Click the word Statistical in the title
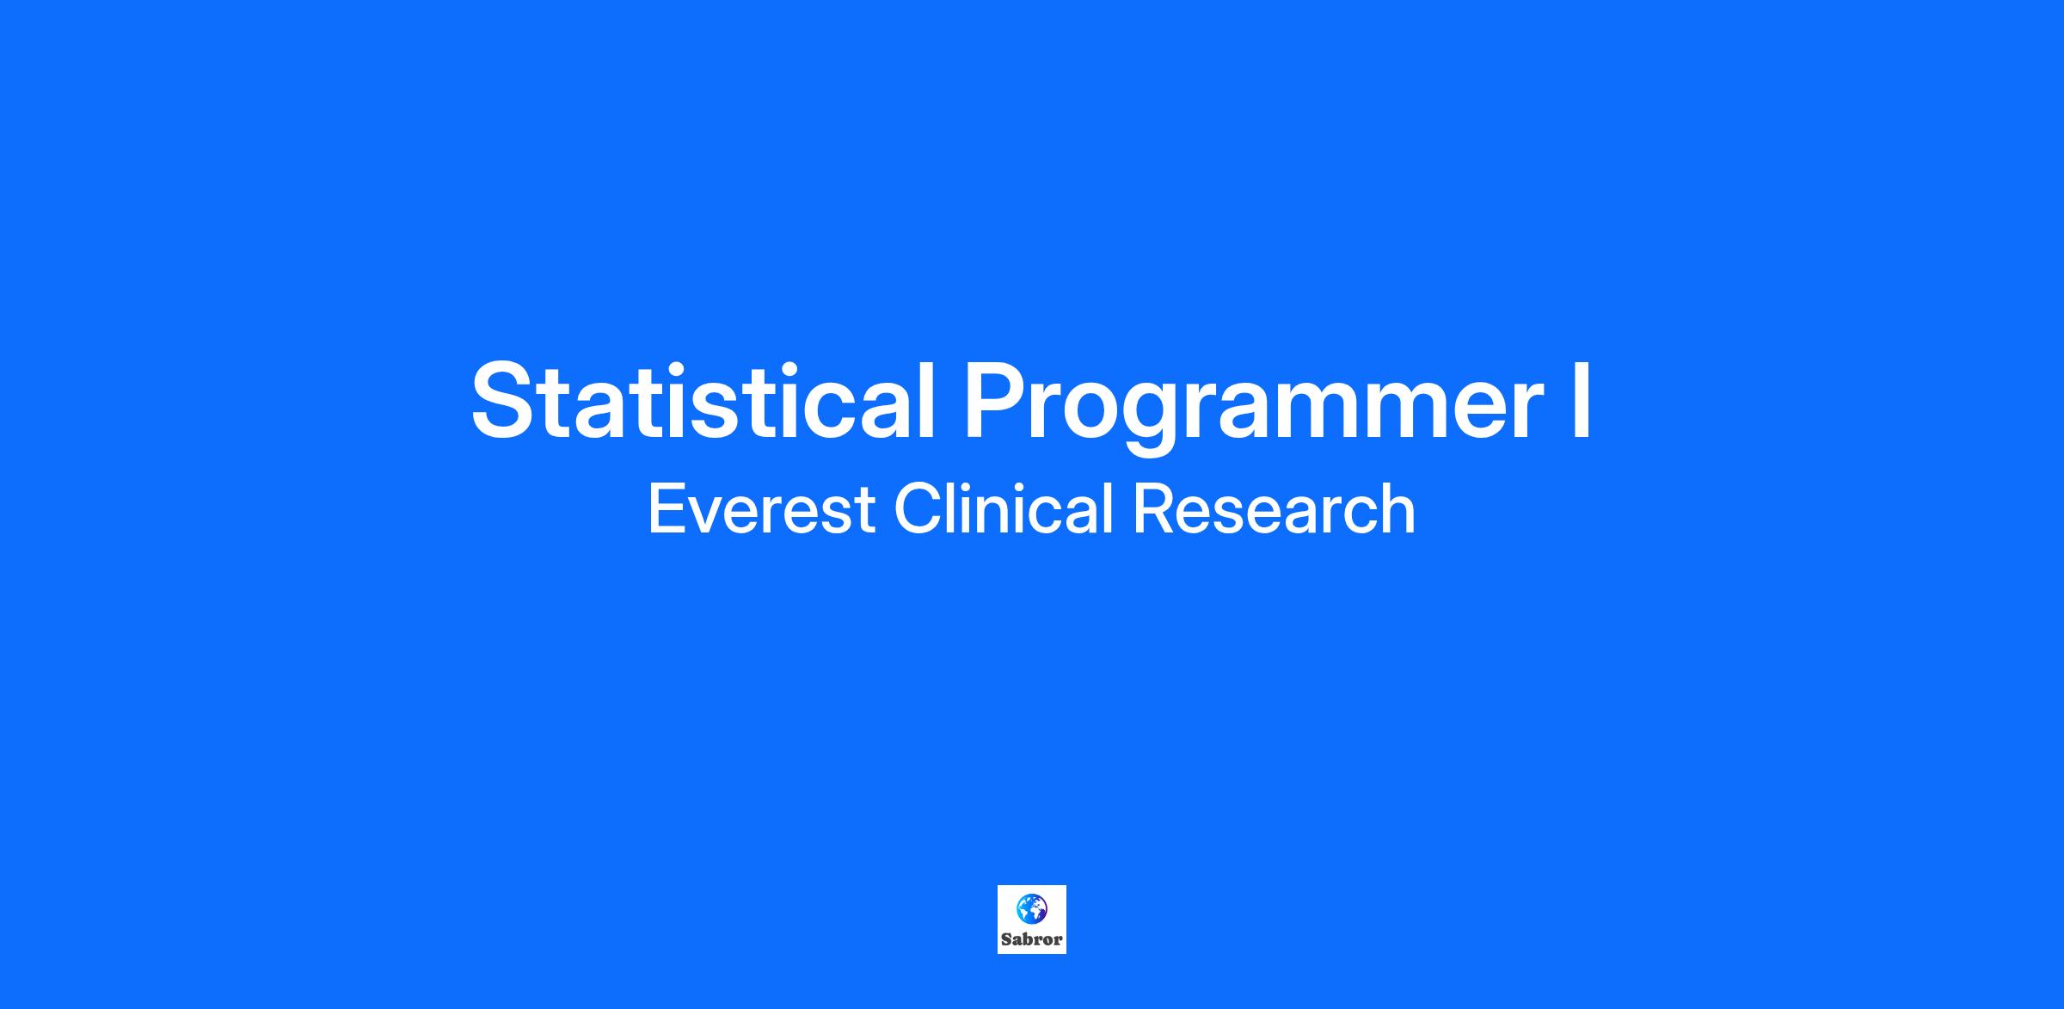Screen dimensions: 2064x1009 tap(703, 401)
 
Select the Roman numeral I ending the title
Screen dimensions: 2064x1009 tap(1581, 401)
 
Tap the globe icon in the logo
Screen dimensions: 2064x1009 tap(1031, 907)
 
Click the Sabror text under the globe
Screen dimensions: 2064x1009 tap(1032, 939)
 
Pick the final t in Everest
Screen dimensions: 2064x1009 tap(863, 512)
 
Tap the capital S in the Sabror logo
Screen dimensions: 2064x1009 tap(1007, 939)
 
